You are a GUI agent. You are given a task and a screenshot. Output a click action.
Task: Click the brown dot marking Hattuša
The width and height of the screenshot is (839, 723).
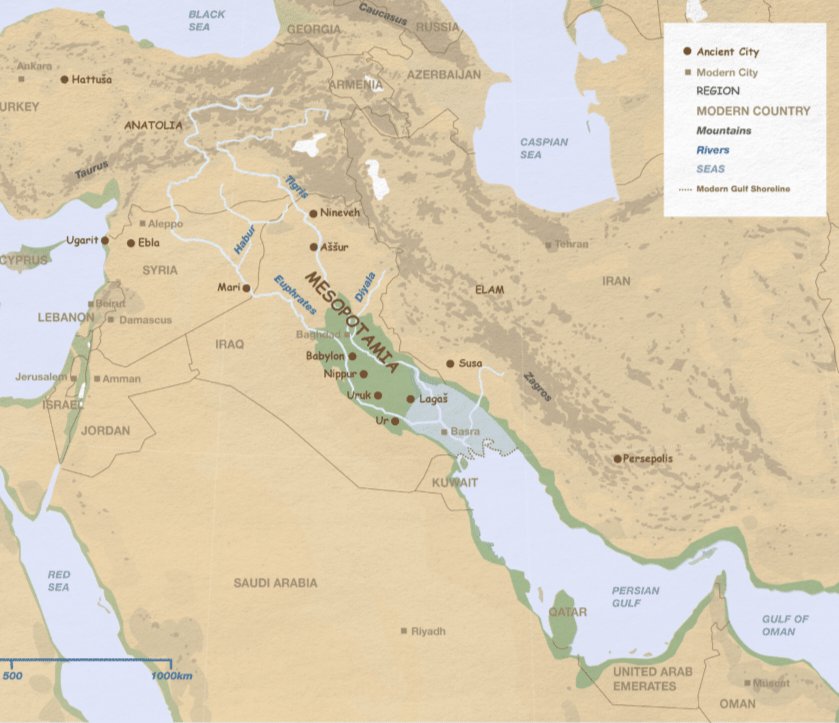pyautogui.click(x=65, y=78)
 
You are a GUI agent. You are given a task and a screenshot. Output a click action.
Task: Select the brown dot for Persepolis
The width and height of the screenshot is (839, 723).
pyautogui.click(x=618, y=459)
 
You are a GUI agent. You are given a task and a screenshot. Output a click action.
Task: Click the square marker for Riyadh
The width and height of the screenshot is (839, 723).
pyautogui.click(x=403, y=631)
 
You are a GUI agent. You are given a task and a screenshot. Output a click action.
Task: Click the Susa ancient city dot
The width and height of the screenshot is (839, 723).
pyautogui.click(x=450, y=364)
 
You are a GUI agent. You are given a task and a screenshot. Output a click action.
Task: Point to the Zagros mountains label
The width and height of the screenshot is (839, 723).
pyautogui.click(x=537, y=387)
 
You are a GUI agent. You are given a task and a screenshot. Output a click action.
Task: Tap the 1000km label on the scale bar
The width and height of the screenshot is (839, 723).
pyautogui.click(x=172, y=677)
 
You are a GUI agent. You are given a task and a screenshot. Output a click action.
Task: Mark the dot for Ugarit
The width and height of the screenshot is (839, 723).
pyautogui.click(x=105, y=241)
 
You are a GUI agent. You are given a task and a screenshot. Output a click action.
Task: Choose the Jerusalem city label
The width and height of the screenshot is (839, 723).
pyautogui.click(x=40, y=377)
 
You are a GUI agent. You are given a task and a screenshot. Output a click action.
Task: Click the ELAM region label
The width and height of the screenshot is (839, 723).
pyautogui.click(x=490, y=290)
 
